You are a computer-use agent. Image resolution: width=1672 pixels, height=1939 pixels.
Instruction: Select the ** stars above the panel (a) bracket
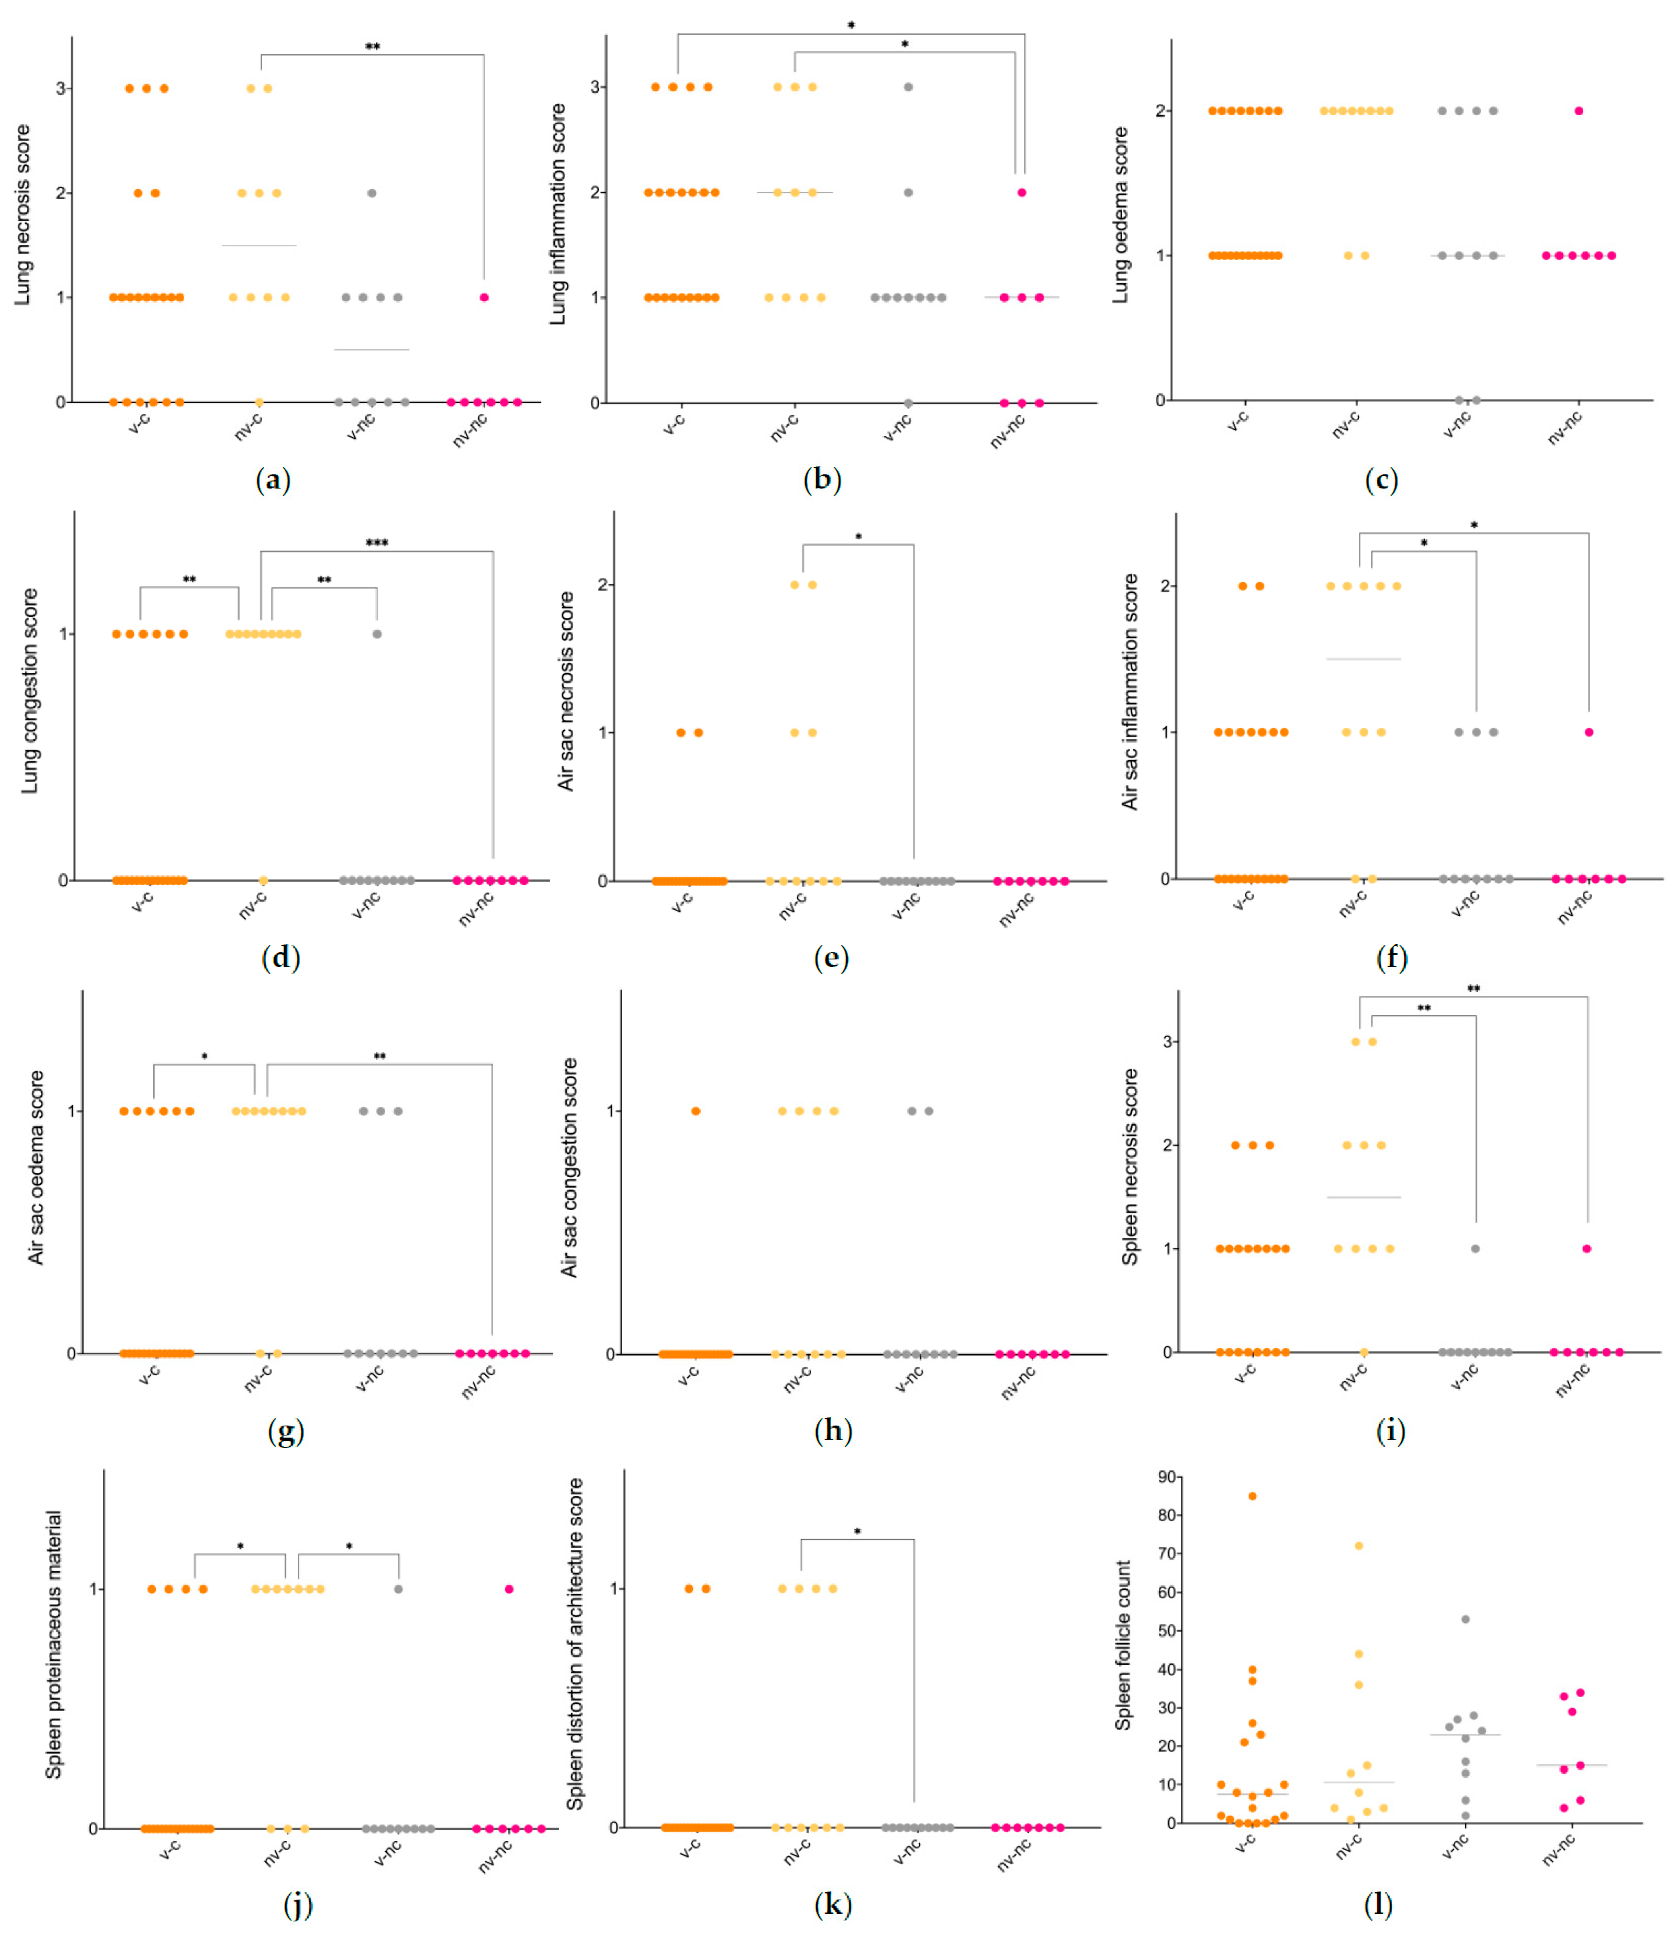coord(373,47)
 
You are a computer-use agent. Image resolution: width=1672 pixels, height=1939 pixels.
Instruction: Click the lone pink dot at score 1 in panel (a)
coord(484,298)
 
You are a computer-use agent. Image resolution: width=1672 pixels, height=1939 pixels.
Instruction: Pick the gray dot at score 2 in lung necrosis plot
coord(371,193)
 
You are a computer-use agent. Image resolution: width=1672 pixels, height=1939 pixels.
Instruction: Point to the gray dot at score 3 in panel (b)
coord(908,87)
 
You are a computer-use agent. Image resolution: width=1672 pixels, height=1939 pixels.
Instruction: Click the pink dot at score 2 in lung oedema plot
coord(1579,111)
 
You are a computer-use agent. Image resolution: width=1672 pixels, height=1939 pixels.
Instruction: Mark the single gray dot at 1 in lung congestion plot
coord(377,634)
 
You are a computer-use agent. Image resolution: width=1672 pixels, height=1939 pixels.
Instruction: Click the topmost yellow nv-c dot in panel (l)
coord(1359,1546)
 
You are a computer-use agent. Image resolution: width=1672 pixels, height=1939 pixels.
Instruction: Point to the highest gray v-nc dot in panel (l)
coord(1465,1619)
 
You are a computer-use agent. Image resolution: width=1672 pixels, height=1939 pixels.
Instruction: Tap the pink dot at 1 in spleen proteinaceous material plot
coord(509,1589)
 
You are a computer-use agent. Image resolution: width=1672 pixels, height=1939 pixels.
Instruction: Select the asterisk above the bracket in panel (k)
coord(857,1532)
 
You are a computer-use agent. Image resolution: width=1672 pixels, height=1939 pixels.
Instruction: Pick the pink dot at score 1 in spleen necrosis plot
coord(1587,1249)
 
